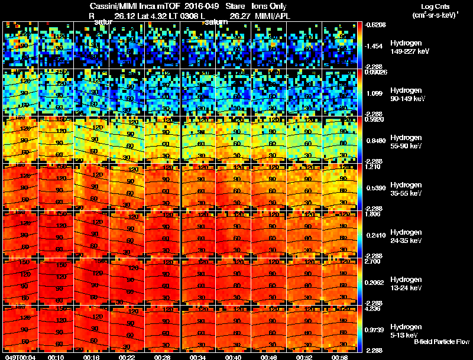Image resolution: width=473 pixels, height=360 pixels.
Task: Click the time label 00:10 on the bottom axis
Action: click(57, 357)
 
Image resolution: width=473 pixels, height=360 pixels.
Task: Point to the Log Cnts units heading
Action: click(437, 7)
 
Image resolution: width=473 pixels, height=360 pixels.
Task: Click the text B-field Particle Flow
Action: click(441, 342)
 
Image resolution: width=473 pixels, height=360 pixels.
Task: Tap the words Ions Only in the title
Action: click(270, 7)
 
